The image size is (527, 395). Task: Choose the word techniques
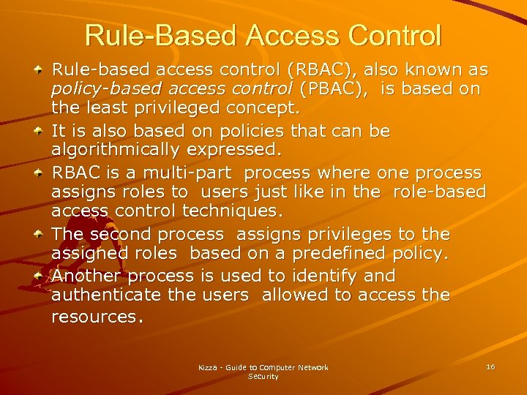[x=240, y=212]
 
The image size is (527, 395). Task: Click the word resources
[x=97, y=317]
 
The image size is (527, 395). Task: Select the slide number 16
[x=490, y=366]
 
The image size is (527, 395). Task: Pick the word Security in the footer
[x=263, y=377]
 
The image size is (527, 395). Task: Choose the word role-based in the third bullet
[x=439, y=192]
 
